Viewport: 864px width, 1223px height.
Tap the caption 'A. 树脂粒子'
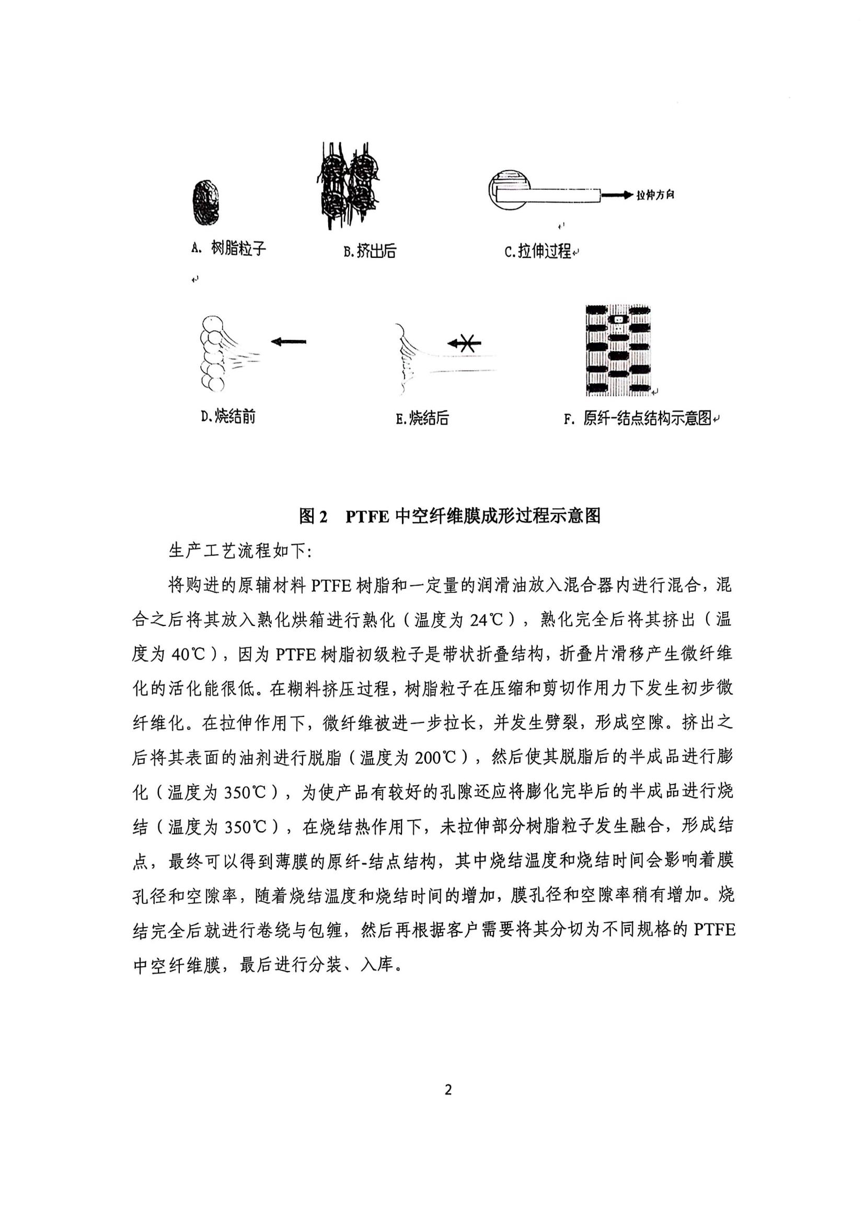point(228,248)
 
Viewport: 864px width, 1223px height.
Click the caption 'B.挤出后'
point(370,252)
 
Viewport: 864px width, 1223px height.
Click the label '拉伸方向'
point(656,195)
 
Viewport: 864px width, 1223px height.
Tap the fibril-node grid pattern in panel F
point(618,350)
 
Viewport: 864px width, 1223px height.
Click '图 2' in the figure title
point(313,516)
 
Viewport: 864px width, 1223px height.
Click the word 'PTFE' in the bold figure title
point(367,516)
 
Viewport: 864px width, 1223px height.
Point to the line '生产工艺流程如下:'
point(240,551)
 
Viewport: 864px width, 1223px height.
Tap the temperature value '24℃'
point(487,620)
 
